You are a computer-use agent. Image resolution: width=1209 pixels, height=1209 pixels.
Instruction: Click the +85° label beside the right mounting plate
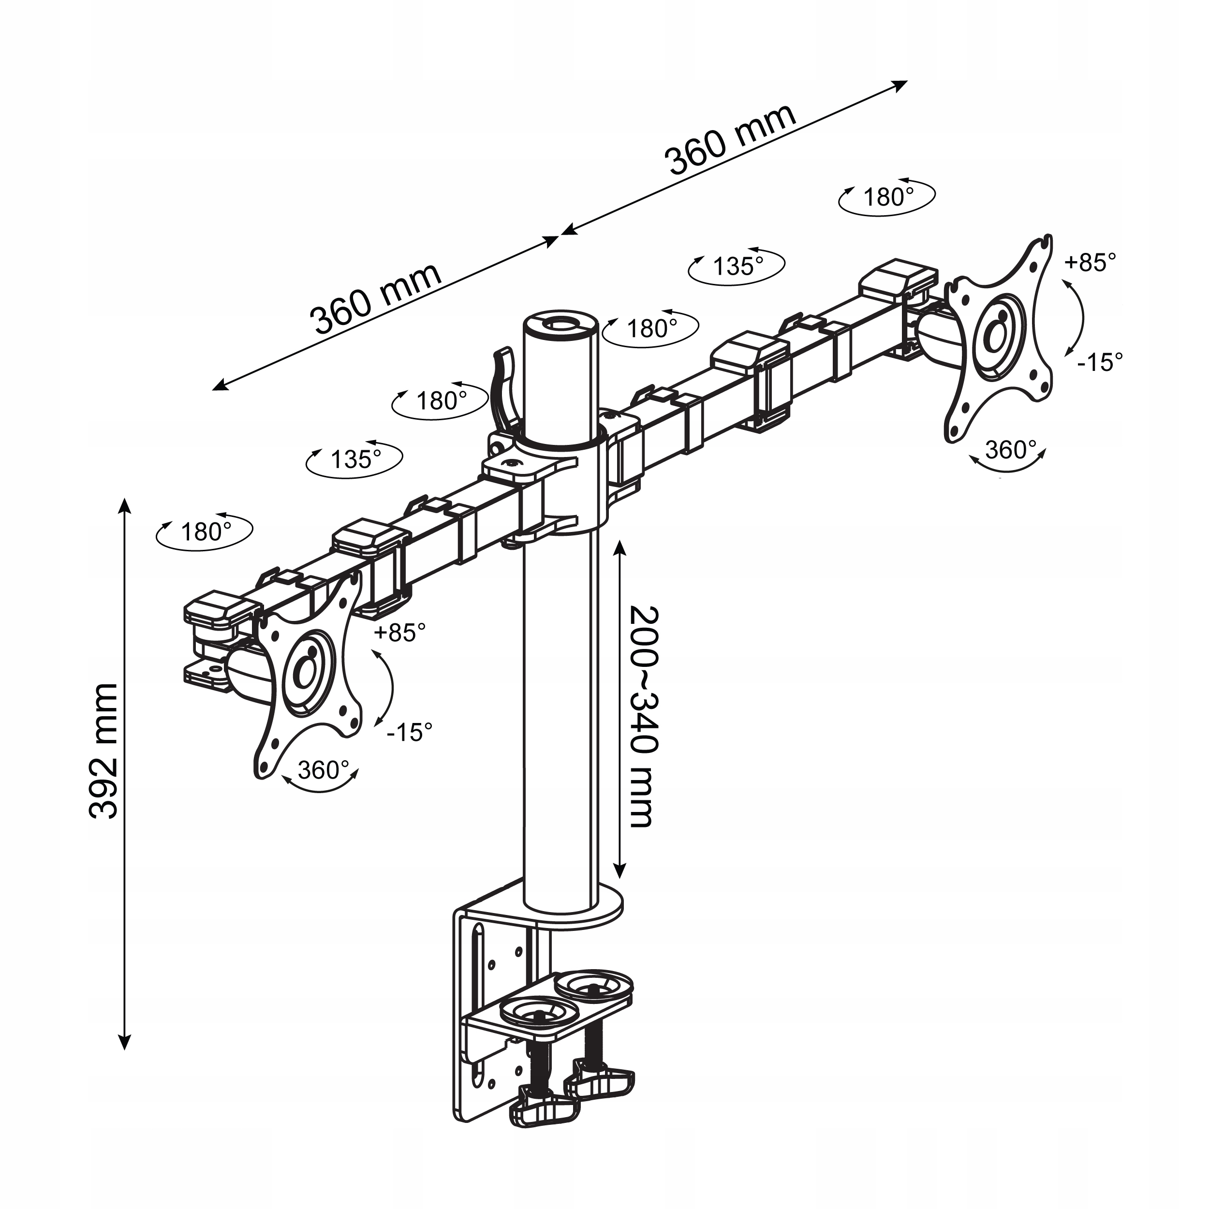pos(1090,262)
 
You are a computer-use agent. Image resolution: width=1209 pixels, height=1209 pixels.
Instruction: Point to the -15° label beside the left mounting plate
pos(409,731)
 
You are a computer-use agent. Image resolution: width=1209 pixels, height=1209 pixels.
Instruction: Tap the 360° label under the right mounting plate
pos(1010,449)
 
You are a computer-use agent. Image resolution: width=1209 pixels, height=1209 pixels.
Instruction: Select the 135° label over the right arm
pos(738,266)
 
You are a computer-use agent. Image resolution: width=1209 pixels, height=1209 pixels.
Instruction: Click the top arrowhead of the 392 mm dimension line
pos(125,504)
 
